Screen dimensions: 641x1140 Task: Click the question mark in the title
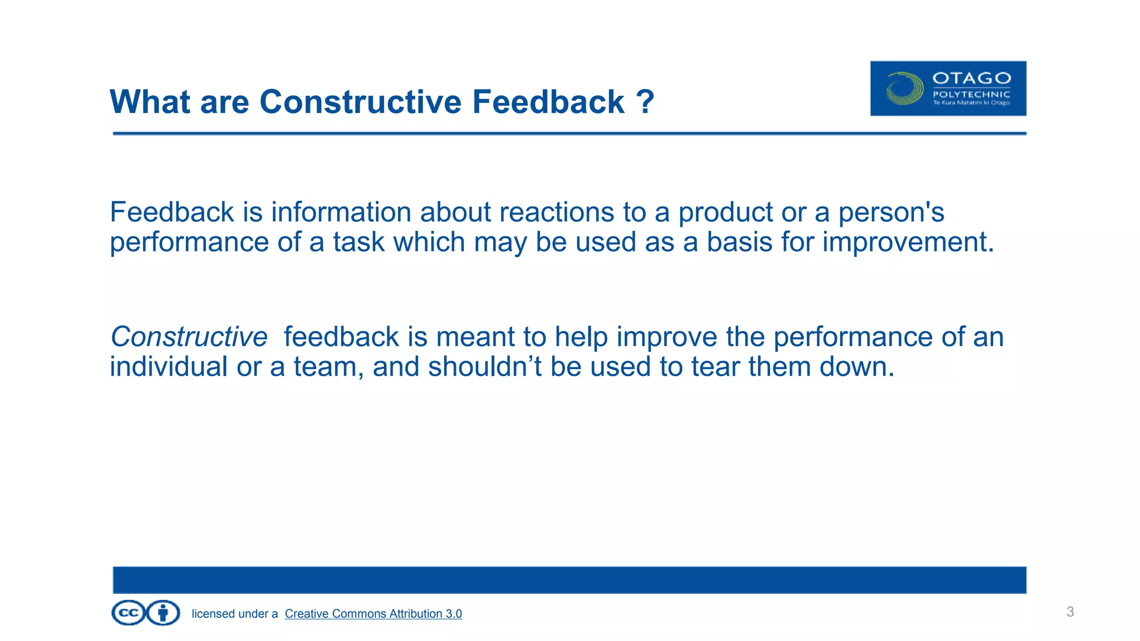pyautogui.click(x=645, y=102)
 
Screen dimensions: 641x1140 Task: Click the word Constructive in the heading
pyautogui.click(x=360, y=102)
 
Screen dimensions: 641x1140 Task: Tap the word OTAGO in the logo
pyautogui.click(x=971, y=78)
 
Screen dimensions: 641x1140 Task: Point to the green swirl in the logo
pyautogui.click(x=905, y=88)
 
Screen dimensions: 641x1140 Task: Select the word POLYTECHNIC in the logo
pyautogui.click(x=971, y=94)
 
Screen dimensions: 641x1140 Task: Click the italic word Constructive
pyautogui.click(x=189, y=337)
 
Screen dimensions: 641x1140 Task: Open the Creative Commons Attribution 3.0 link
pyautogui.click(x=373, y=614)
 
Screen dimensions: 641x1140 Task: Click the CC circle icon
pyautogui.click(x=129, y=613)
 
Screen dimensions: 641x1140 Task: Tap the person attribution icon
pyautogui.click(x=163, y=613)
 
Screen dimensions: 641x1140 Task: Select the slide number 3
pyautogui.click(x=1070, y=612)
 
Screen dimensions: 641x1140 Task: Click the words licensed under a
pyautogui.click(x=234, y=614)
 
